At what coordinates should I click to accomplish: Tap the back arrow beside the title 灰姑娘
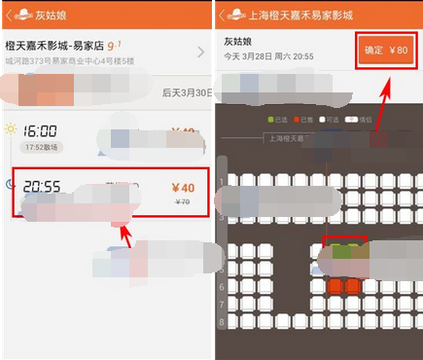[x=11, y=15]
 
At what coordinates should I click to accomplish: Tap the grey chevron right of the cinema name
[x=200, y=53]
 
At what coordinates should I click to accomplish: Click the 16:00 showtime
[x=41, y=131]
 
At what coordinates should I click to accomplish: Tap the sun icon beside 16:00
[x=11, y=130]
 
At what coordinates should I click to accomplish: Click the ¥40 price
[x=182, y=189]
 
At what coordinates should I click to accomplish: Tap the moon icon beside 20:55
[x=11, y=179]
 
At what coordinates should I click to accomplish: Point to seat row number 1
[x=222, y=182]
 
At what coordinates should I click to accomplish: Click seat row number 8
[x=222, y=320]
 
